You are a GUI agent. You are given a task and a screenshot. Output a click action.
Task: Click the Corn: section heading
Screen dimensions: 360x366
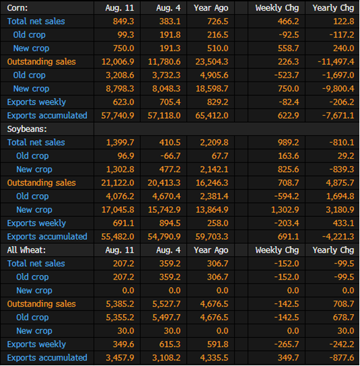pos(18,8)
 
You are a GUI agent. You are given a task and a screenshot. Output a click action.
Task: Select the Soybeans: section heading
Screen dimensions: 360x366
pos(27,129)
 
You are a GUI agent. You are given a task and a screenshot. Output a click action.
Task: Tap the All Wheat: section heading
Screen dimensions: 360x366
pos(26,250)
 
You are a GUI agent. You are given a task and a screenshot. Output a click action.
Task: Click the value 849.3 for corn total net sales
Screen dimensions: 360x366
pos(123,22)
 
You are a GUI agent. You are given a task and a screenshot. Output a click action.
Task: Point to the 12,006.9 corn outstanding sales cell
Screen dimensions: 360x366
pos(118,62)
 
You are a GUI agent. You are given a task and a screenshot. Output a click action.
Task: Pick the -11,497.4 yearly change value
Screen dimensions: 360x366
pos(336,62)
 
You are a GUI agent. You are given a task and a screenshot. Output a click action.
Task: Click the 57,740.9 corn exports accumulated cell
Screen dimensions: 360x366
pos(118,115)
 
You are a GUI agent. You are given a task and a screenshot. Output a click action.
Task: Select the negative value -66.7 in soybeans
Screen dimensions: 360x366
pos(171,156)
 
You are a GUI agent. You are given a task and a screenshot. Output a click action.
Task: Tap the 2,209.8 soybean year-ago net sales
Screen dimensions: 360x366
pos(214,143)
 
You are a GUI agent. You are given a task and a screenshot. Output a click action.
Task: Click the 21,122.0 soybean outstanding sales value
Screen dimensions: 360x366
pos(118,183)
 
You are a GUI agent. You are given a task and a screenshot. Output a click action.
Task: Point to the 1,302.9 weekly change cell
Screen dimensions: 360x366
pos(284,210)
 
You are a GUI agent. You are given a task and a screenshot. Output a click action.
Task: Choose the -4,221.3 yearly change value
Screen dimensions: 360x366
pos(338,237)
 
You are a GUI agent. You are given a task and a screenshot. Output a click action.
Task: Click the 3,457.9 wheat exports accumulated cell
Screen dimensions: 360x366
pos(120,358)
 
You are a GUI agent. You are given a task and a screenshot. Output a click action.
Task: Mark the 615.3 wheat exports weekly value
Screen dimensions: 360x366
pos(170,344)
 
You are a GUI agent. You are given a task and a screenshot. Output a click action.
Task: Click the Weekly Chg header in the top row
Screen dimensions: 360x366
pos(277,8)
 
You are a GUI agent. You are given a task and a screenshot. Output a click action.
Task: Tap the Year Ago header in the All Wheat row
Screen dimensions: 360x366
pos(211,250)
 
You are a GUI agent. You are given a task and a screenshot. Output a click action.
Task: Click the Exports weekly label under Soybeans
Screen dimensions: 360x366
pos(36,223)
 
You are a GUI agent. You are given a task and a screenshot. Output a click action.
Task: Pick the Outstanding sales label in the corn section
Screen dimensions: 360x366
pos(41,62)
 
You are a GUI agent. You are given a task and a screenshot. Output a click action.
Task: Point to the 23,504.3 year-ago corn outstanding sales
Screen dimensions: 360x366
pos(212,62)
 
